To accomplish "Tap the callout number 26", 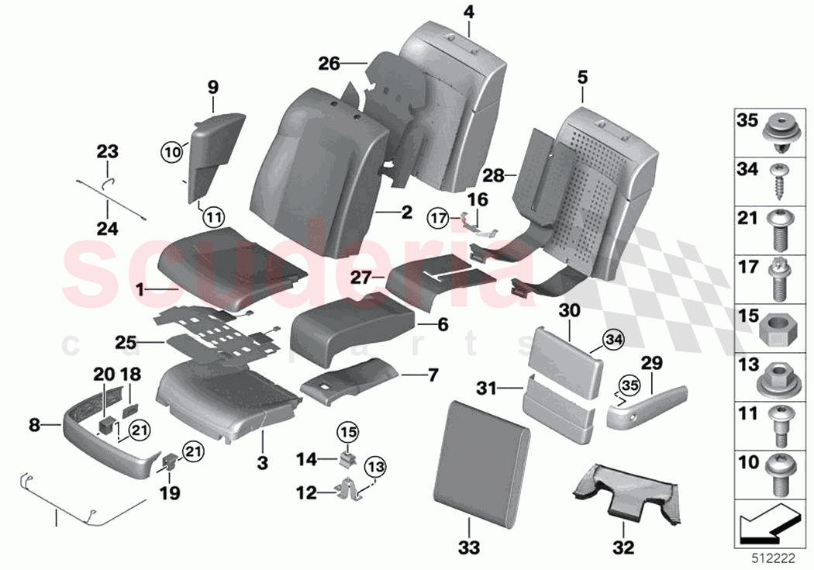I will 329,63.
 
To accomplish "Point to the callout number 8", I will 33,424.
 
